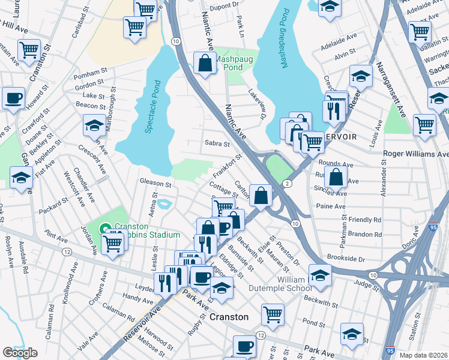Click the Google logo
(20, 353)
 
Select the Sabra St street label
(217, 144)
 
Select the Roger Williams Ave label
(415, 154)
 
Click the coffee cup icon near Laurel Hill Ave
(13, 98)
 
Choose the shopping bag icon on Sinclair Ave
(336, 177)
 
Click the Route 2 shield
(288, 184)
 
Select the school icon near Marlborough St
(94, 125)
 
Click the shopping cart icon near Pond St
(273, 314)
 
